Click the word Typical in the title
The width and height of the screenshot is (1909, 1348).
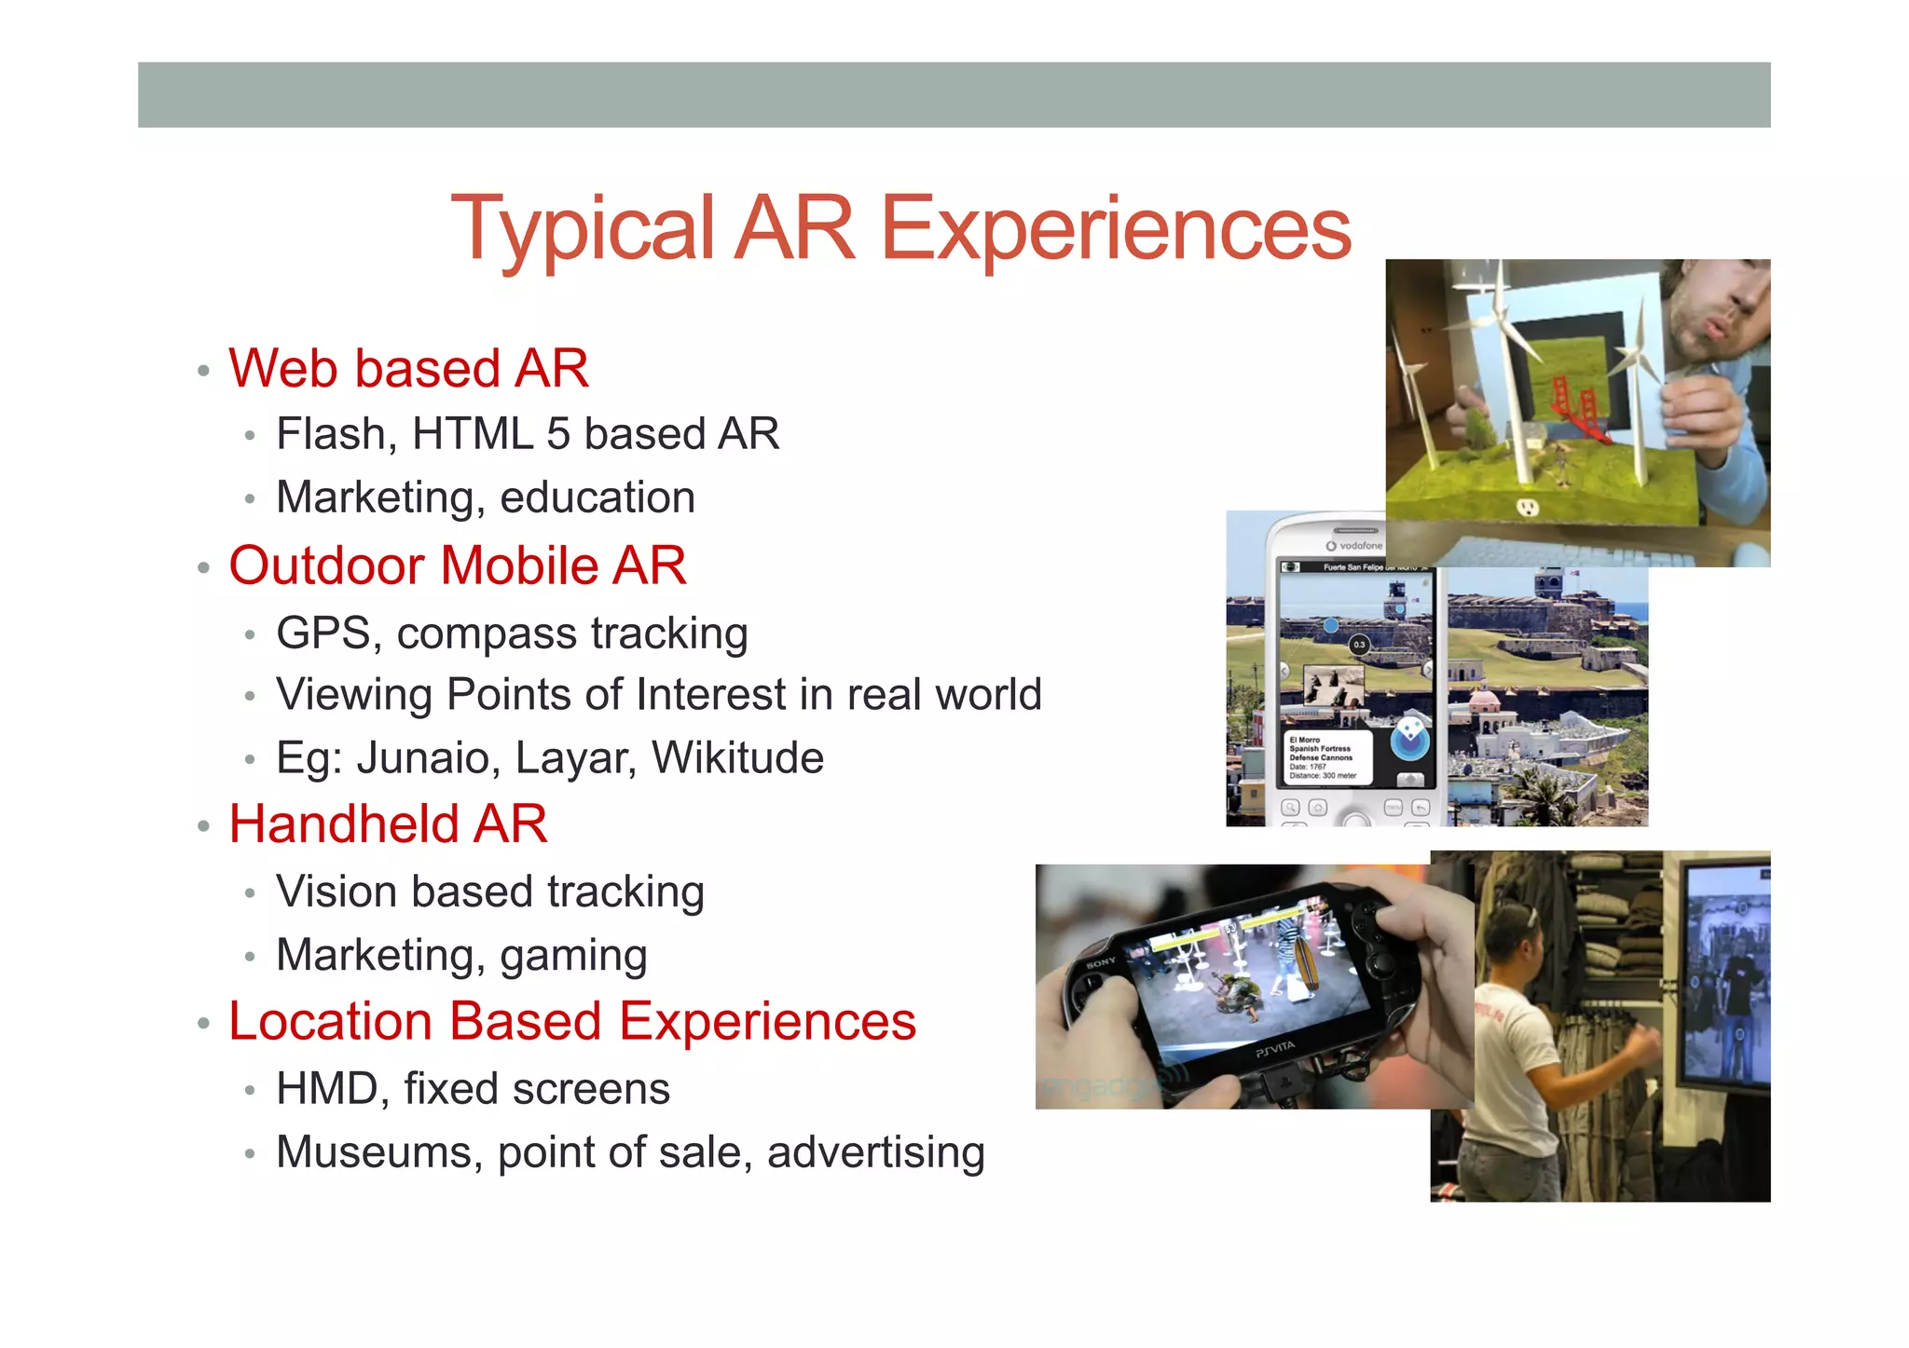583,230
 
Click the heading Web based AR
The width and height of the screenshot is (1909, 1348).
408,368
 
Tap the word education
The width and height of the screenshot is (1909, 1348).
597,497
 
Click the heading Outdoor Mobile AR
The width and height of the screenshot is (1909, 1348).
457,565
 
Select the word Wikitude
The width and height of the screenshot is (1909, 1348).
737,757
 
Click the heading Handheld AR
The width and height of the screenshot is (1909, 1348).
388,824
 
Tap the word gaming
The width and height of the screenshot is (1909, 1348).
573,956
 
